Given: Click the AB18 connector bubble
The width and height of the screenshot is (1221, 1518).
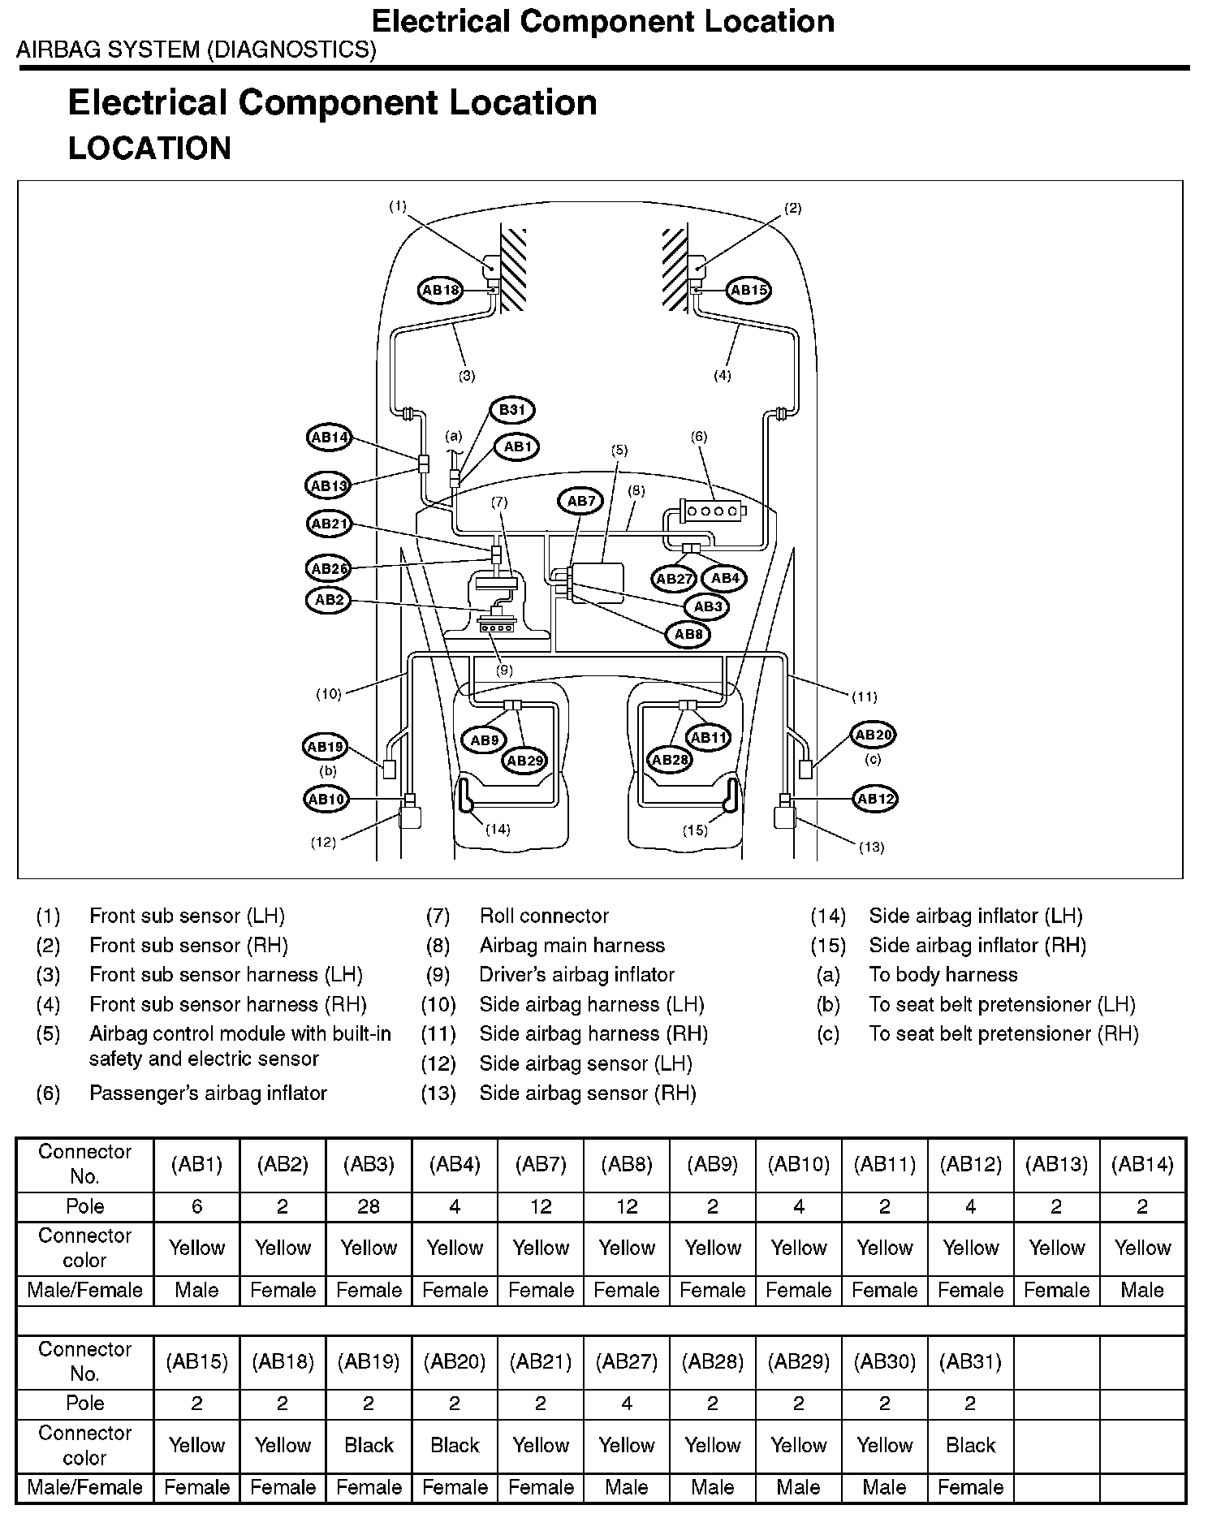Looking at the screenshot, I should pyautogui.click(x=442, y=290).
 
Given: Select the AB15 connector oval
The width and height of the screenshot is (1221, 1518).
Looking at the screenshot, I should pyautogui.click(x=748, y=290).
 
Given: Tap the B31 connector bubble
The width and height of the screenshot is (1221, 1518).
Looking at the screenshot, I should pyautogui.click(x=512, y=410).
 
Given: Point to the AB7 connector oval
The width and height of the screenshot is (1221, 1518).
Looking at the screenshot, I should pyautogui.click(x=581, y=501).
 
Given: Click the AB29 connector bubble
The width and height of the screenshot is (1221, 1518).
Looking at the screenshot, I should pyautogui.click(x=525, y=761).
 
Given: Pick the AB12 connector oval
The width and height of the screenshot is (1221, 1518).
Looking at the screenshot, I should pyautogui.click(x=875, y=799).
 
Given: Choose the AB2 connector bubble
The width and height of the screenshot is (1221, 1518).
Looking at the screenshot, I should pyautogui.click(x=329, y=600).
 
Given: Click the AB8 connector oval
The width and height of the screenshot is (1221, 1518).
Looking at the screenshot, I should pyautogui.click(x=688, y=634).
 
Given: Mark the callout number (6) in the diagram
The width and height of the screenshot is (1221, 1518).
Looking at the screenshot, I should pyautogui.click(x=699, y=437).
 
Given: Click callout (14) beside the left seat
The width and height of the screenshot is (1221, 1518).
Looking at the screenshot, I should pyautogui.click(x=498, y=829).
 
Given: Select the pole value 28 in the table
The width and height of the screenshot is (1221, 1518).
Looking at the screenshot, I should pyautogui.click(x=369, y=1206).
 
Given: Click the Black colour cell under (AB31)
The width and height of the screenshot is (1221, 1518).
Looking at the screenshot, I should pyautogui.click(x=970, y=1445).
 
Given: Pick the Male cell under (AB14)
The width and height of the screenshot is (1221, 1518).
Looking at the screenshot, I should pyautogui.click(x=1142, y=1290).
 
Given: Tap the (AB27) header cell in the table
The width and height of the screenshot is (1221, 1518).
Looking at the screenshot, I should pyautogui.click(x=627, y=1361).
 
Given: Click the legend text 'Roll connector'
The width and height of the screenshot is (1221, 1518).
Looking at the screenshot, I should pyautogui.click(x=544, y=916).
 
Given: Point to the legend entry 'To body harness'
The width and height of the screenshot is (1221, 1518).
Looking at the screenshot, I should pyautogui.click(x=943, y=974).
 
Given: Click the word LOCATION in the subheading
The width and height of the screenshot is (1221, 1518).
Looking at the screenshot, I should pyautogui.click(x=150, y=149).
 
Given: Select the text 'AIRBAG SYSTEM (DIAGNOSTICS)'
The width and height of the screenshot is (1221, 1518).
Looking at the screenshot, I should pyautogui.click(x=196, y=50).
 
